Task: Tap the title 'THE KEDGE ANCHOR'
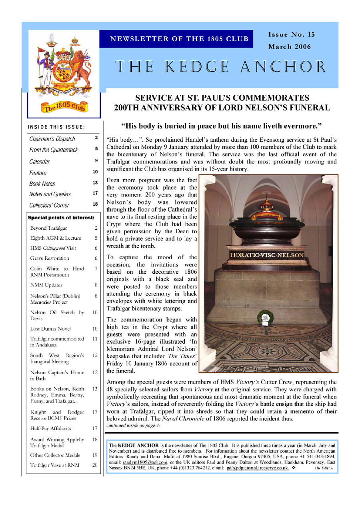click(221, 67)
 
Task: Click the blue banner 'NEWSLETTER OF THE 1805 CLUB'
click(179, 39)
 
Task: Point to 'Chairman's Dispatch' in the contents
click(52, 139)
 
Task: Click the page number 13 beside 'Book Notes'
click(95, 182)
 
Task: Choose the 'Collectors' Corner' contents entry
click(49, 205)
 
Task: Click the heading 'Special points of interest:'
click(61, 218)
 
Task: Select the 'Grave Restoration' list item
click(50, 258)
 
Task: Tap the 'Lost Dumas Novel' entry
click(50, 329)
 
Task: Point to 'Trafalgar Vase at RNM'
click(55, 465)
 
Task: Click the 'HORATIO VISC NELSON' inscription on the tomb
click(266, 255)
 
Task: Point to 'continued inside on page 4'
click(133, 425)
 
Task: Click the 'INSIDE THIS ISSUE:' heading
click(56, 127)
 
